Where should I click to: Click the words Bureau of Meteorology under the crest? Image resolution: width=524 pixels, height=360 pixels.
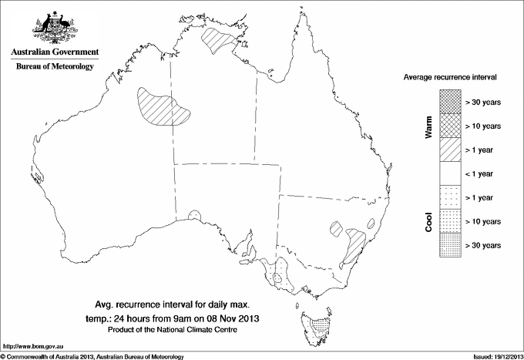55,67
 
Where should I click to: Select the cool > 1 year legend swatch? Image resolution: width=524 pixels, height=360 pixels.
450,197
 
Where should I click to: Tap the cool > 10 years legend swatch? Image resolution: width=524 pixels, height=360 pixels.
450,221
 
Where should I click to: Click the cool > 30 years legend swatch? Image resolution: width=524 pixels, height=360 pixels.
450,245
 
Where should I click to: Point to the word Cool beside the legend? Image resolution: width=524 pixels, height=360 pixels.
429,221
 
